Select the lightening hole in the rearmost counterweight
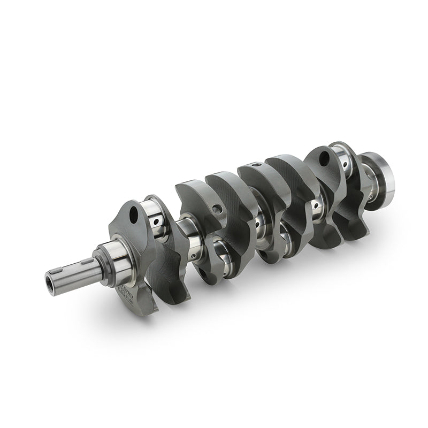[324, 158]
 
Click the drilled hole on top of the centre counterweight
[257, 165]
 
